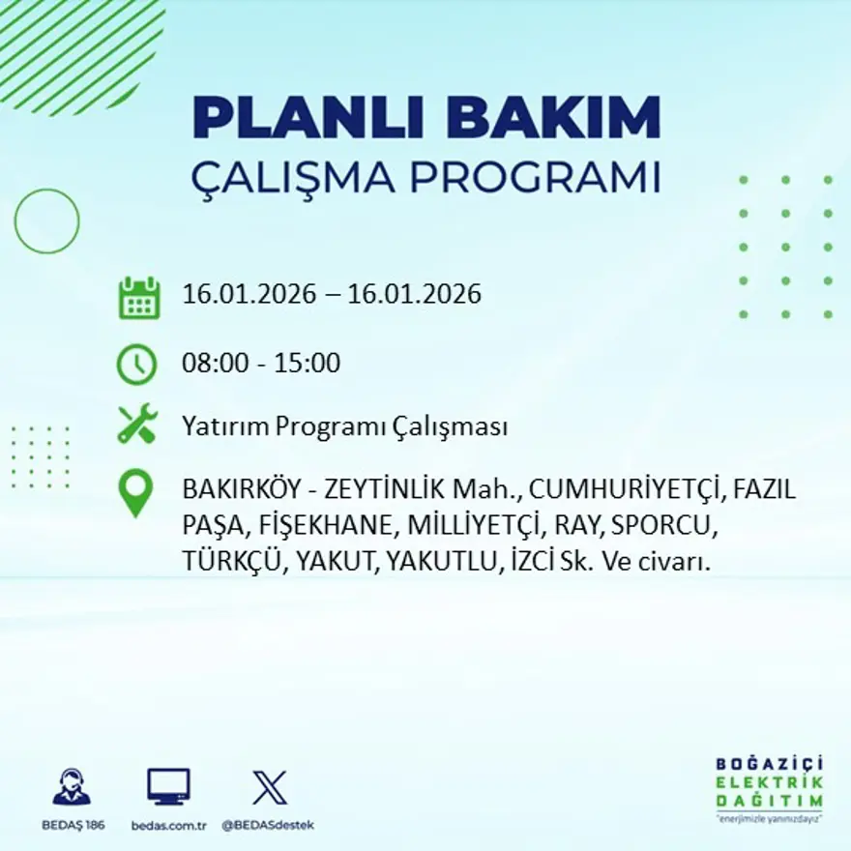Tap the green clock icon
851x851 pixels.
136,365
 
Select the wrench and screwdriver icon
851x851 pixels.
137,425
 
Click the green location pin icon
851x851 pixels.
135,492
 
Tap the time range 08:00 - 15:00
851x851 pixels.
261,364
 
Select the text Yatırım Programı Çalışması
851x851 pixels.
344,426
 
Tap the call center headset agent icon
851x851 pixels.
72,786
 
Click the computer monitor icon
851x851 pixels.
168,787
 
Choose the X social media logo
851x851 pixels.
269,786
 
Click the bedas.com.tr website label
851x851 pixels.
169,825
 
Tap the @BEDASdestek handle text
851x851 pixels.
268,825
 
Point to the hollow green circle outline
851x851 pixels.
46,221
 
